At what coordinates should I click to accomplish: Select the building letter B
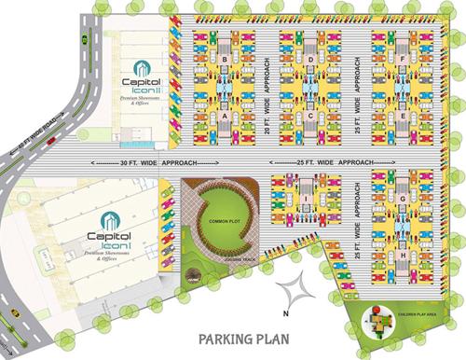pos(226,61)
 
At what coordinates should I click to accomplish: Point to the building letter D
pos(310,61)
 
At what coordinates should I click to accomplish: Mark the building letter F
pos(401,61)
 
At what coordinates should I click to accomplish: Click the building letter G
pos(401,199)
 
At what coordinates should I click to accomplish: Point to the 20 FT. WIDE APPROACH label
pos(267,89)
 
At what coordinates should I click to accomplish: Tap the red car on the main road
pos(51,141)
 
